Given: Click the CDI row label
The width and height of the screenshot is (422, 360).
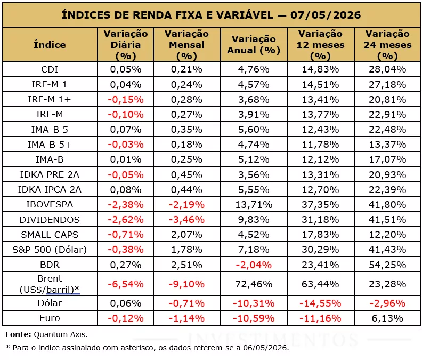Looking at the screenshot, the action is coord(50,69).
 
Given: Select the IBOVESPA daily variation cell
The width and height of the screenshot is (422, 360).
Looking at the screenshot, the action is coord(126,204).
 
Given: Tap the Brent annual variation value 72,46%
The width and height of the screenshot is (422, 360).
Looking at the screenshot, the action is coord(254,284).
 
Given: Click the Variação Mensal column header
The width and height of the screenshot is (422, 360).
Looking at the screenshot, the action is coord(186,45).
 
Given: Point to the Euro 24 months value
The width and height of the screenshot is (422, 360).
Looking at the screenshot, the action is coord(387,318).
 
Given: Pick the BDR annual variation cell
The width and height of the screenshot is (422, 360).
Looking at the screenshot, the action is coord(254,265).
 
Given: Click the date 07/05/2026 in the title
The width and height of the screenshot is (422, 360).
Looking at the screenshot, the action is coord(326,15).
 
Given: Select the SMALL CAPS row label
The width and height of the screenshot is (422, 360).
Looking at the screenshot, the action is coord(50,235).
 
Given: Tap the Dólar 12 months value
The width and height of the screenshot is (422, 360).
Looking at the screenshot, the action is coord(320,303).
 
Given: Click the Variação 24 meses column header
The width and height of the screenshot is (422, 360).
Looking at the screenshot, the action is coord(387,45).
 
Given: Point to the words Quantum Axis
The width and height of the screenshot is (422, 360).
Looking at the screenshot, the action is coord(61,334).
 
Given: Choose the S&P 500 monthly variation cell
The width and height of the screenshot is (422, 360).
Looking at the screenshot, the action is coord(186,250).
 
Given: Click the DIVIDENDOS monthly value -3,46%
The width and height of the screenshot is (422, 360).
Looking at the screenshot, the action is coord(186,220).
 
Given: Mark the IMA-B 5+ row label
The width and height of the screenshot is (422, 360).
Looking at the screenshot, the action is coord(50,145).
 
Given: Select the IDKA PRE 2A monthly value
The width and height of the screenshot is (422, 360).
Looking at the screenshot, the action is coord(186,174).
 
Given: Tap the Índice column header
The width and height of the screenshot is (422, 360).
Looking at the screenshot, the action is coord(50,44).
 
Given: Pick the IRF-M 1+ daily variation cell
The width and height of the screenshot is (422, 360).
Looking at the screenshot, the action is coord(126,100).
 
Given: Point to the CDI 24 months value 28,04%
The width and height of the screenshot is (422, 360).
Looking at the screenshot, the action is coord(387,69).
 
